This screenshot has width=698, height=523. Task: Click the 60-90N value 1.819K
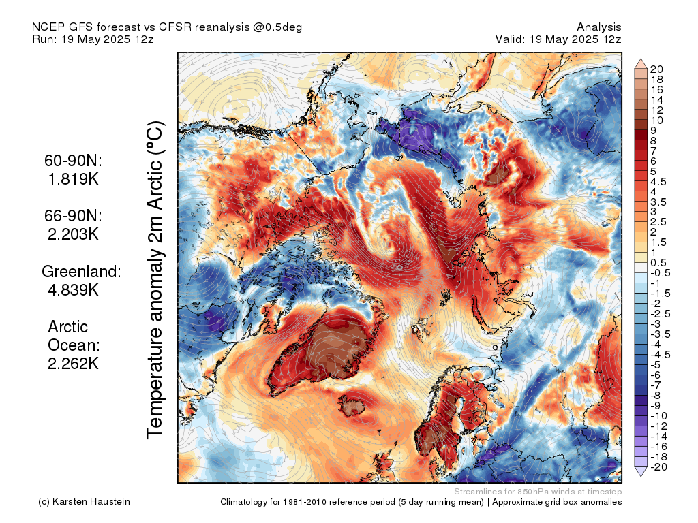point(73,179)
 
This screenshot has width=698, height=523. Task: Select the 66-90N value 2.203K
point(73,234)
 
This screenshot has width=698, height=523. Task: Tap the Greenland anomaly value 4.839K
point(73,290)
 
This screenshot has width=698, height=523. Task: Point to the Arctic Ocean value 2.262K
point(73,364)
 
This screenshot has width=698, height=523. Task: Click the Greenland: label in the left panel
point(82,271)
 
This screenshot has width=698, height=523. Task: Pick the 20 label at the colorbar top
point(656,69)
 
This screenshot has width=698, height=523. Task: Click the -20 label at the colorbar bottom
point(659,467)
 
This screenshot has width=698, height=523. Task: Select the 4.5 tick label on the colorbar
point(658,182)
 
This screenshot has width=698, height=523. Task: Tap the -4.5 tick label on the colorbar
point(661,355)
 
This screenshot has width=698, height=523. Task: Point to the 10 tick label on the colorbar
point(656,121)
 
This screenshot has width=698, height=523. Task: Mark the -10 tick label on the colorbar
point(659,416)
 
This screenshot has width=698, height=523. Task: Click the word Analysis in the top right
point(598,27)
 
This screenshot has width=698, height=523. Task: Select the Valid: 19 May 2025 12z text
point(558,39)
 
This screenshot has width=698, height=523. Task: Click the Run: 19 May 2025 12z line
point(93,39)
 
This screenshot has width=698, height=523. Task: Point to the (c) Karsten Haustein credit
point(84,502)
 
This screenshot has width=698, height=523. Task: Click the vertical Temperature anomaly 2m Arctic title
point(155,280)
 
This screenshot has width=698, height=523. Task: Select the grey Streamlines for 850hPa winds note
point(538,492)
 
